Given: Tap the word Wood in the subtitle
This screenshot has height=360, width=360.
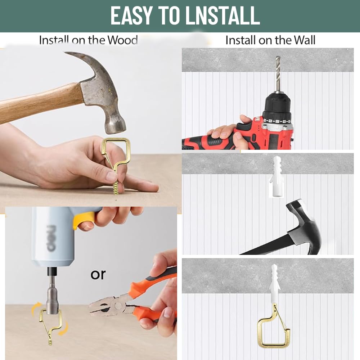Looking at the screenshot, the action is click(x=122, y=40).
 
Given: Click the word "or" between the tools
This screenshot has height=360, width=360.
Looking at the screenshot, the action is click(x=98, y=274).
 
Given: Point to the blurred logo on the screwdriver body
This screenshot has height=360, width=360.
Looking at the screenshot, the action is click(x=51, y=238).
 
